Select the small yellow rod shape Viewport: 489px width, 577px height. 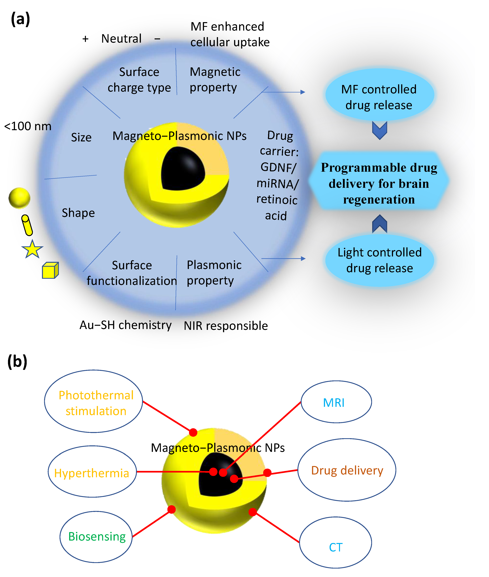(x=27, y=225)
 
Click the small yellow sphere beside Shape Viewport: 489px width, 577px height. (x=19, y=198)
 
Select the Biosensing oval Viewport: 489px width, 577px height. (x=96, y=536)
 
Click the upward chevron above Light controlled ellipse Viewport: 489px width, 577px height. (x=379, y=224)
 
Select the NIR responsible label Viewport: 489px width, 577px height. (x=226, y=326)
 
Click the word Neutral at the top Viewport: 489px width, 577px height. (x=121, y=39)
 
